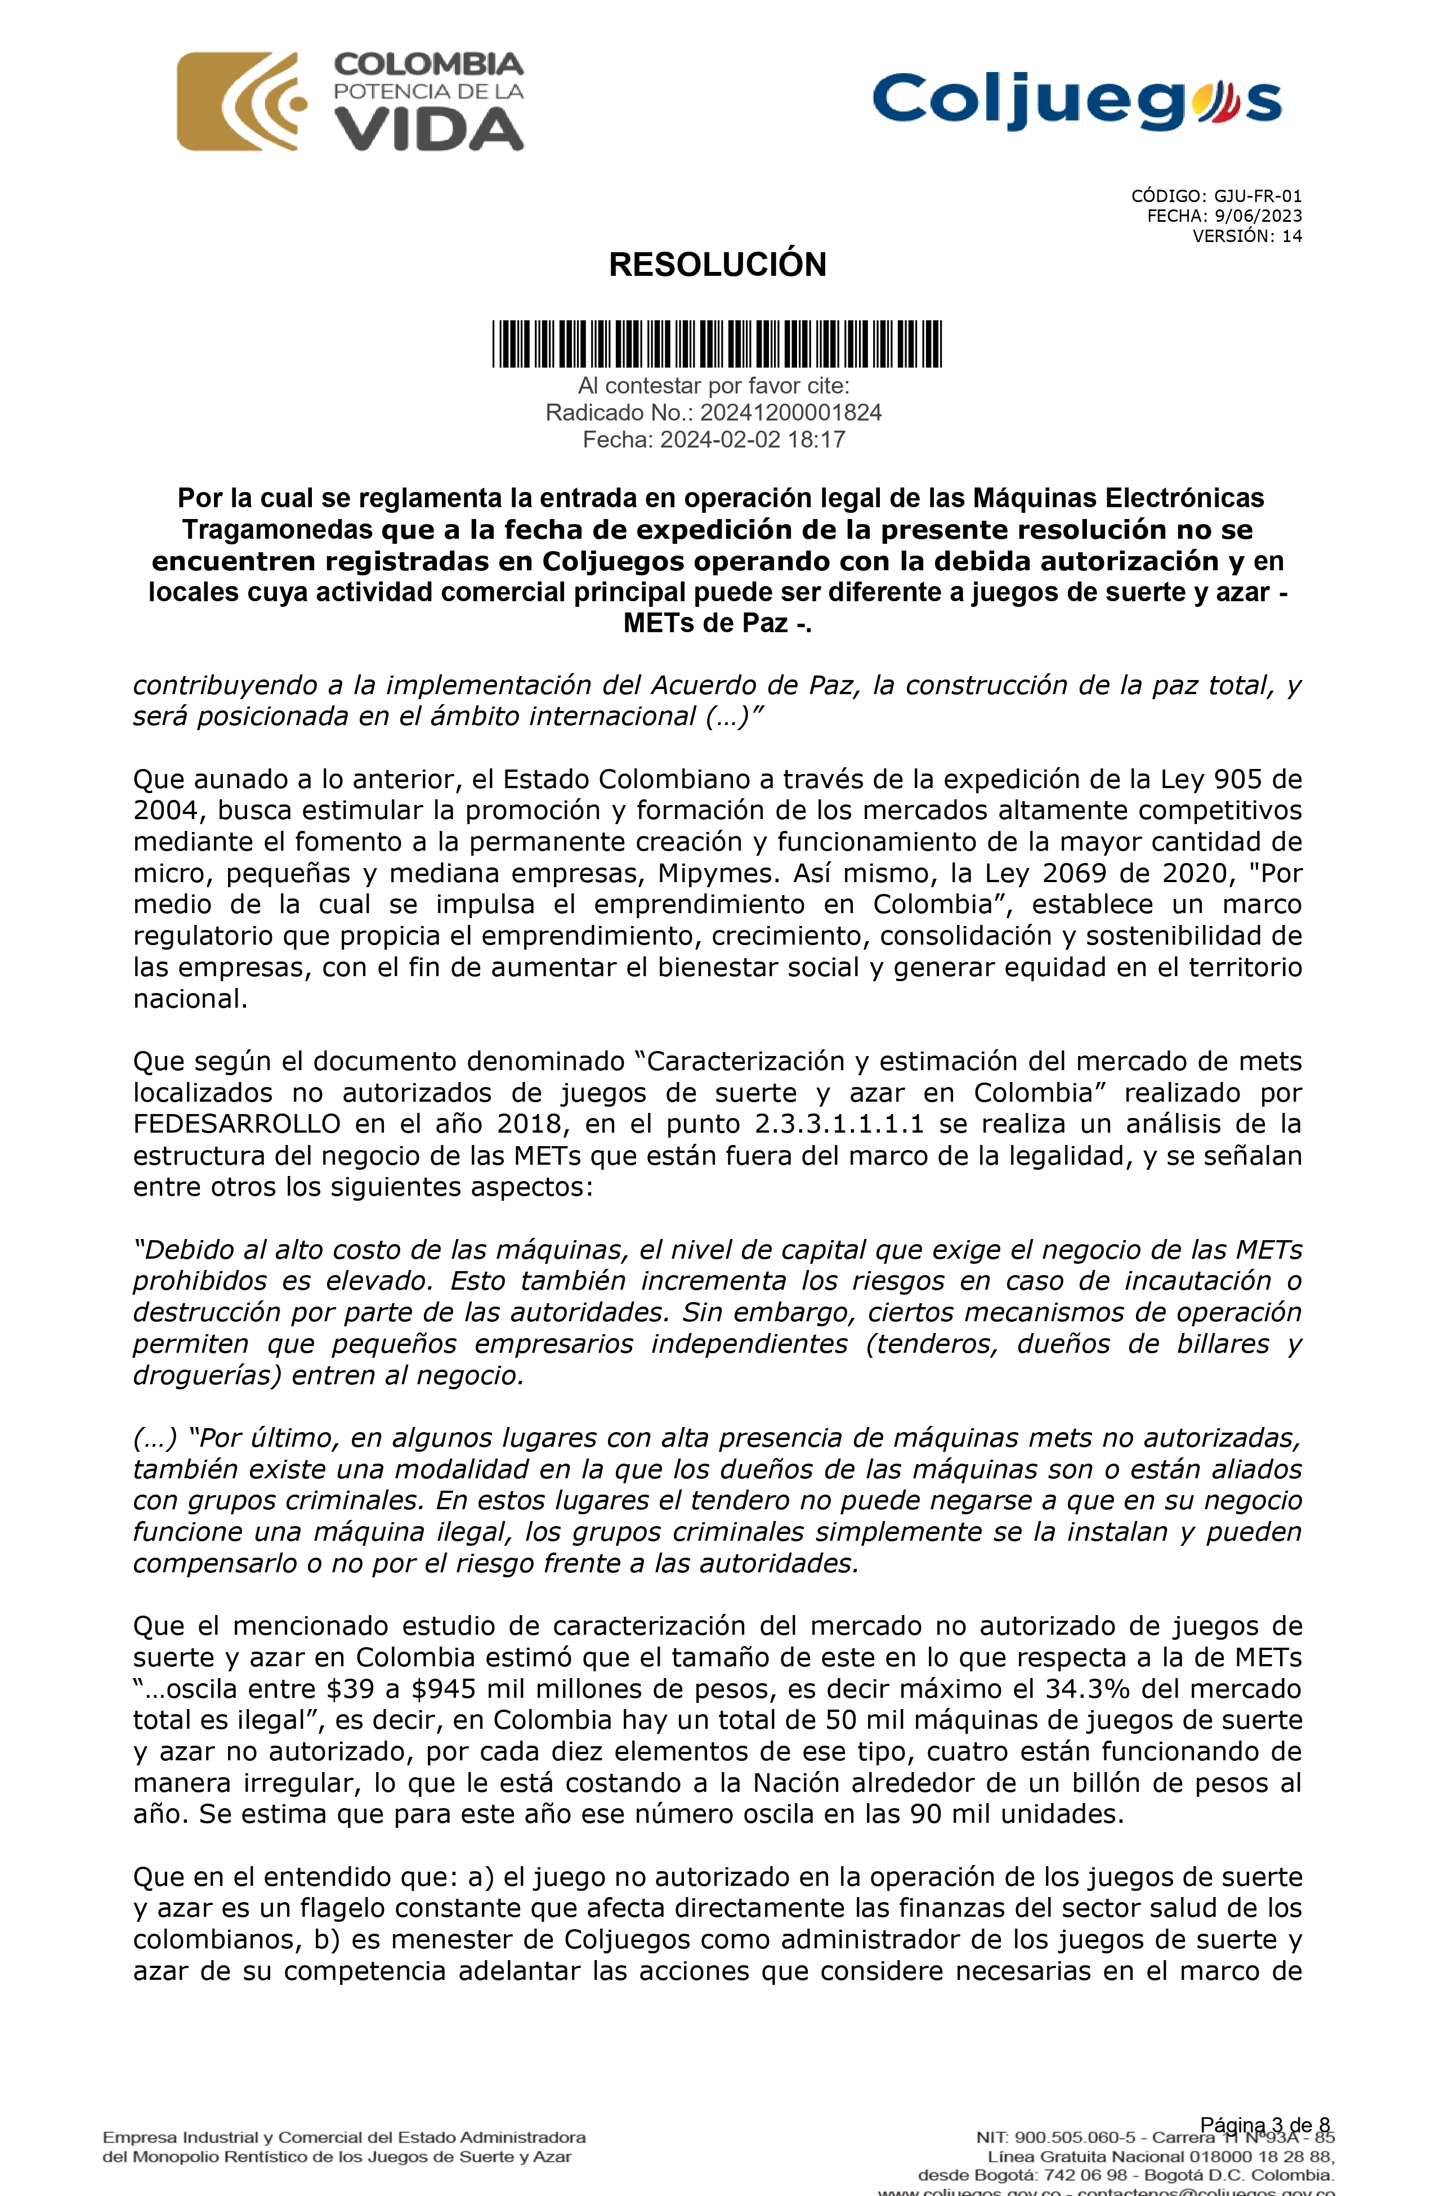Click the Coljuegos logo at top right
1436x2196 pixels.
1076,101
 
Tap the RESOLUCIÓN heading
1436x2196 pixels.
717,265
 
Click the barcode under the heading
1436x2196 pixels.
717,343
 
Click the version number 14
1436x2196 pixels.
1292,236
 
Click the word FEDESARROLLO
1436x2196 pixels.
236,1124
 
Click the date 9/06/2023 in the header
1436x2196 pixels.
1258,216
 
